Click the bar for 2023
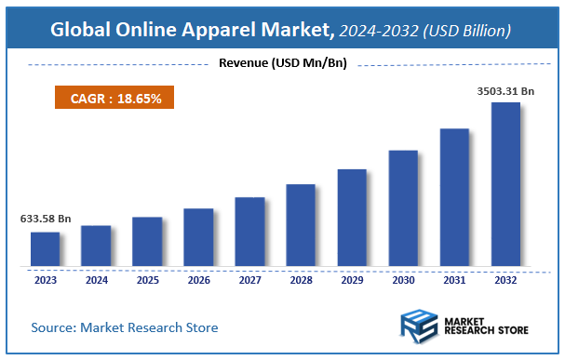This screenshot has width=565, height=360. pos(45,248)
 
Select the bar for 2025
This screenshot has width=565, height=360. pos(147,241)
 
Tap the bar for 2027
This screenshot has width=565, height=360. pos(249,231)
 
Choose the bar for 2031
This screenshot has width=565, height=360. pos(454,196)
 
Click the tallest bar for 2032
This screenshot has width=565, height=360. pos(505,183)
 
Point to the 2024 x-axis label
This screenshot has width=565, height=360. pos(96,279)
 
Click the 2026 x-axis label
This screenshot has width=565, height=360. pos(198,279)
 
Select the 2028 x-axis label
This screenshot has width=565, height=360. pos(301,279)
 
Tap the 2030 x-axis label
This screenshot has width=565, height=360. pos(403,279)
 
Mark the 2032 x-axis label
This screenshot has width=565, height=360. pos(505,279)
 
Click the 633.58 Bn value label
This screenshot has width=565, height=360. pos(46,220)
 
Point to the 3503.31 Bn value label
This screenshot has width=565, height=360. pos(505,91)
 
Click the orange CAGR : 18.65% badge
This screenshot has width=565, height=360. pos(109,97)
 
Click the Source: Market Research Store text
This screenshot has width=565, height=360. pos(125,327)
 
